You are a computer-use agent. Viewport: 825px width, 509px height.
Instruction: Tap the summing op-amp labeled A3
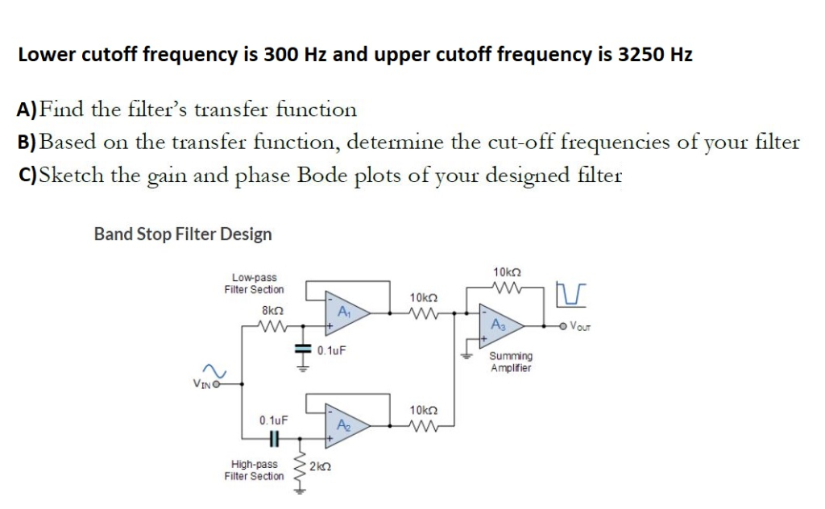click(x=497, y=325)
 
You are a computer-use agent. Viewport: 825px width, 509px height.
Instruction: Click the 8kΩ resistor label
click(x=271, y=309)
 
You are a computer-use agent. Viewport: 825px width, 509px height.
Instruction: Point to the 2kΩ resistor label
click(x=320, y=466)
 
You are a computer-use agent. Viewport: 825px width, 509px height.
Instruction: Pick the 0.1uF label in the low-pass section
click(x=332, y=350)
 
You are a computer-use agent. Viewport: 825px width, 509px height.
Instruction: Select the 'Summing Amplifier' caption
click(x=510, y=362)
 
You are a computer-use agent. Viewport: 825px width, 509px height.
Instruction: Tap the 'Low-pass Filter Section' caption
click(x=254, y=283)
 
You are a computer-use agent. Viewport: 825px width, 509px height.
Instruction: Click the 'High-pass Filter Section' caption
click(x=254, y=470)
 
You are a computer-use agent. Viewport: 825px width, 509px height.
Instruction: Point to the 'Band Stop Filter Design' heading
click(x=183, y=234)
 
